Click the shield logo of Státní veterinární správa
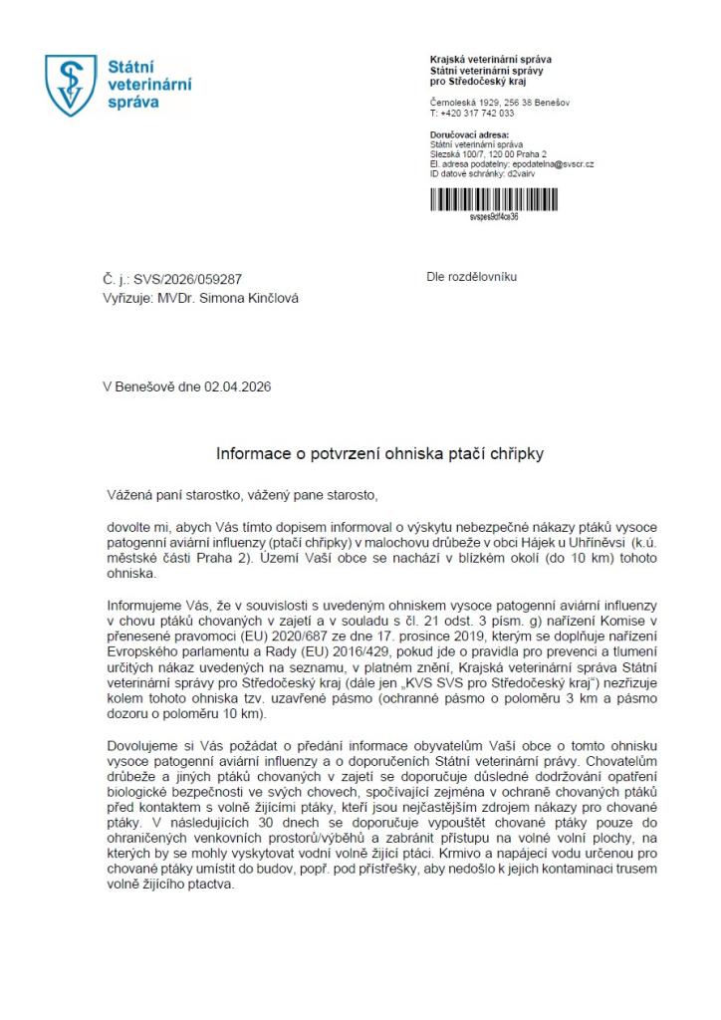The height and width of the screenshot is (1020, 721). [x=71, y=86]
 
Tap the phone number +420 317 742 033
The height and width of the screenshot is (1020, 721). [x=476, y=114]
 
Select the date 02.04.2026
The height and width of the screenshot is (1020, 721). [x=238, y=386]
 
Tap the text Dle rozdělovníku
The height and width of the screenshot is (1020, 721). [x=472, y=277]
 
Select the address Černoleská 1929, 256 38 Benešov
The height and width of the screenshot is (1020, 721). [x=500, y=103]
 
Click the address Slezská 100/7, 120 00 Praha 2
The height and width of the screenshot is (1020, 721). [x=483, y=154]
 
